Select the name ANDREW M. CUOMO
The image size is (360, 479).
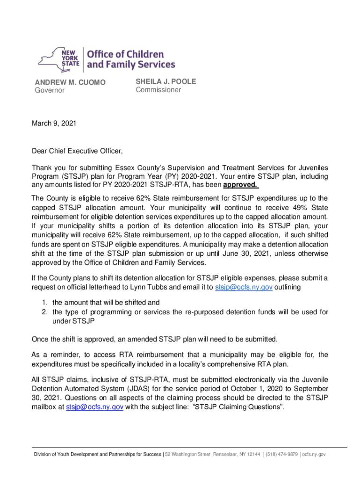click(70, 83)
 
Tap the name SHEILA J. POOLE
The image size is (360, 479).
click(166, 81)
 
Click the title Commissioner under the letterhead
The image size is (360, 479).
click(158, 90)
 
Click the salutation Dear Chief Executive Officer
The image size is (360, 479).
click(77, 151)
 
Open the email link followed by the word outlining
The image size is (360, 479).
click(243, 287)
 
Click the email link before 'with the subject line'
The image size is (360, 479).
click(95, 407)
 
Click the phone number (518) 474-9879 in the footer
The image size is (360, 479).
click(281, 454)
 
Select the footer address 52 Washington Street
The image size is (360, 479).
click(189, 454)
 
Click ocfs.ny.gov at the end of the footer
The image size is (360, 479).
click(314, 454)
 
